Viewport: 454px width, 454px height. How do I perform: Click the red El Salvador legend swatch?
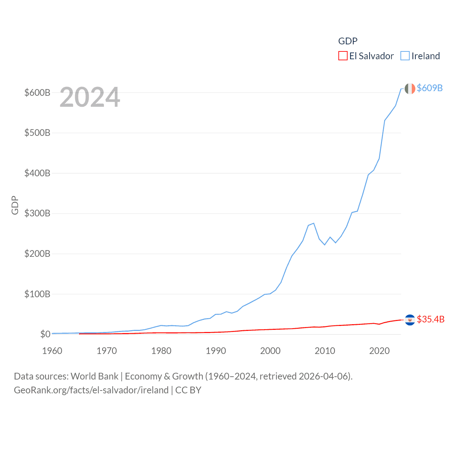[x=343, y=56]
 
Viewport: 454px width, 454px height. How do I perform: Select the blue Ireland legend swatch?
[x=405, y=56]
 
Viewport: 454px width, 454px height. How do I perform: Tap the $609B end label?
[x=430, y=88]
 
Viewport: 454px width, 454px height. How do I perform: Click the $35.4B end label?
[x=431, y=319]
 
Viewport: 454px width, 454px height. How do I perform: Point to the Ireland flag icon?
[x=410, y=89]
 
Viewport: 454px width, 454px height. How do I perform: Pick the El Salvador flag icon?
[x=410, y=320]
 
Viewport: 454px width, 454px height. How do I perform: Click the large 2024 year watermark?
[x=90, y=97]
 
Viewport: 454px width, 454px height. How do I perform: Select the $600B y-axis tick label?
[x=37, y=93]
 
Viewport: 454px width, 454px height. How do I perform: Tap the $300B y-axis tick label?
[x=37, y=213]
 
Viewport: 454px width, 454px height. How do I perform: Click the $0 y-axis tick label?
[x=45, y=334]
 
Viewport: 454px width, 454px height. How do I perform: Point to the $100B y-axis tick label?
[x=37, y=294]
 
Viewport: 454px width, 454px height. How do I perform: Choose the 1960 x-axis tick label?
[x=52, y=351]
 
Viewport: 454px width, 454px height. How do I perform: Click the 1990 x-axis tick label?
[x=216, y=351]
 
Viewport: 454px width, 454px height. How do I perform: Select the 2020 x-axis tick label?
[x=379, y=351]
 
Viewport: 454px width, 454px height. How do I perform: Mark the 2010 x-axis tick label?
[x=325, y=351]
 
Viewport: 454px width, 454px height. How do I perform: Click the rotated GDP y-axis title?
[x=15, y=205]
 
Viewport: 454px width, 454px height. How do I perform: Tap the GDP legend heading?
[x=348, y=41]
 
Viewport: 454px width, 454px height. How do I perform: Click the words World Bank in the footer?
[x=95, y=376]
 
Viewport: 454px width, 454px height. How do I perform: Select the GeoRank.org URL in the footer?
[x=91, y=390]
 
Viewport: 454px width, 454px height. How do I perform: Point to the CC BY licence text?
[x=188, y=390]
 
